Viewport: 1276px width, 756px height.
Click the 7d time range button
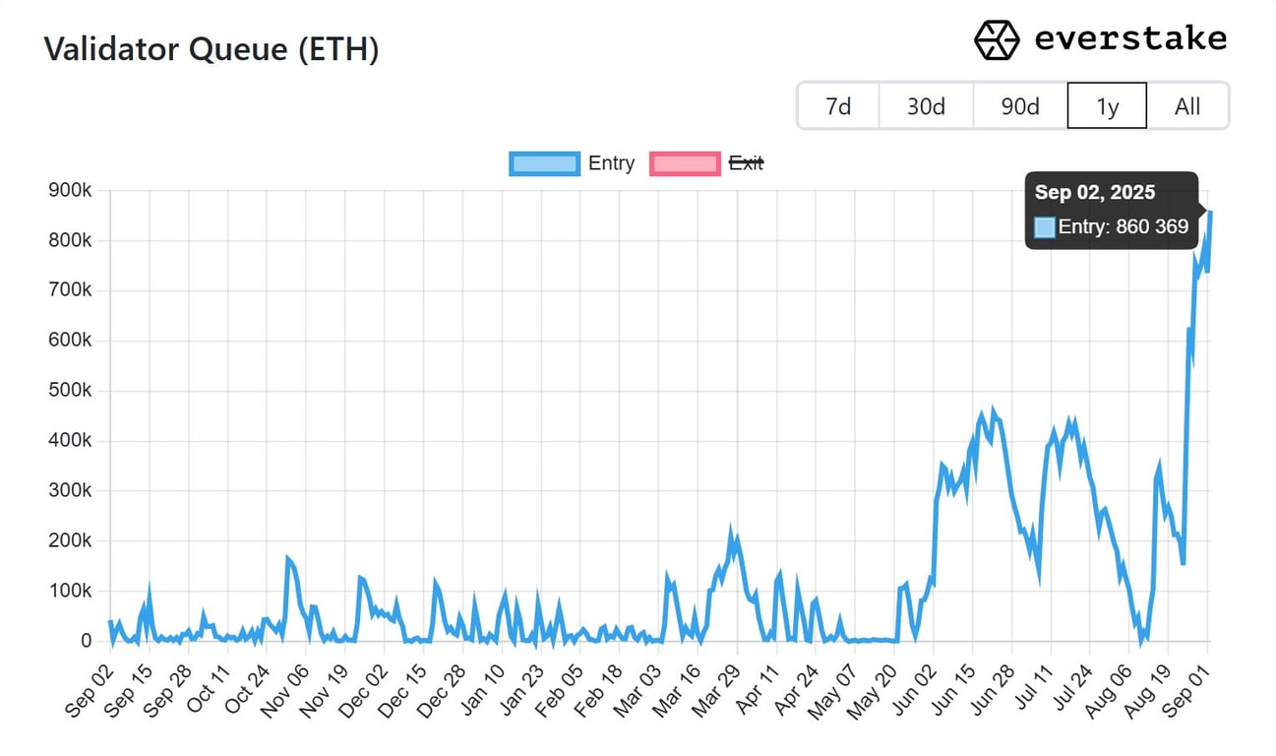click(838, 106)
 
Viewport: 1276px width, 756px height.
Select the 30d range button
click(926, 106)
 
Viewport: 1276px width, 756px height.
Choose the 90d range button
click(1020, 106)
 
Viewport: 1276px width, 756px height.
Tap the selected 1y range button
click(1107, 106)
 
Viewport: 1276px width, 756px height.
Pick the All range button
click(1187, 106)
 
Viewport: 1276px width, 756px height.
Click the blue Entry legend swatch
click(544, 163)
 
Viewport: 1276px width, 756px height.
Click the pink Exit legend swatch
click(685, 163)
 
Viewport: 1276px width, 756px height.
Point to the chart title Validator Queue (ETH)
click(212, 49)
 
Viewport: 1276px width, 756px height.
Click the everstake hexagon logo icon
click(997, 39)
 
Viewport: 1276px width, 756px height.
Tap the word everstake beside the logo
click(1130, 39)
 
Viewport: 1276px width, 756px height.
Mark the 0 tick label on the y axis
click(86, 641)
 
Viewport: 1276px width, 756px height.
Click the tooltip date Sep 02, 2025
click(1095, 193)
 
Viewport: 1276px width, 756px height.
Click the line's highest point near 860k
click(1210, 212)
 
